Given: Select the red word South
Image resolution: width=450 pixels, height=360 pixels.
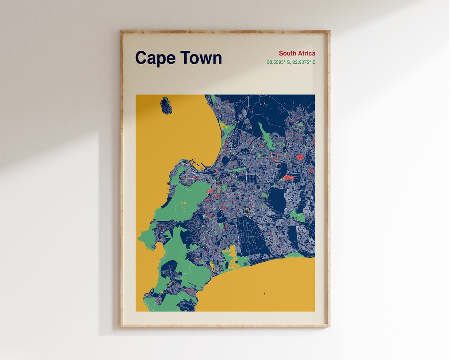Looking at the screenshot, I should (287, 53).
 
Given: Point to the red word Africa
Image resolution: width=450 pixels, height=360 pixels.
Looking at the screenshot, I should (306, 53).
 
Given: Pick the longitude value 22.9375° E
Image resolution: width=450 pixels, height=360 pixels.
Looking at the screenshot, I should (304, 62).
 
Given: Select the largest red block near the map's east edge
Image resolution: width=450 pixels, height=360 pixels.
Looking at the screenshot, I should (287, 178).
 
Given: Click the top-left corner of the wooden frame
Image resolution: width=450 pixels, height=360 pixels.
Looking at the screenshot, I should (122, 31).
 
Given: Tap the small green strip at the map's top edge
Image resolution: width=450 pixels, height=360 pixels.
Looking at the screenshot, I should (213, 99).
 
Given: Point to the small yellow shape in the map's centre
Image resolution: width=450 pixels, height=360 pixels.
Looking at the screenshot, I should (246, 210).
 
